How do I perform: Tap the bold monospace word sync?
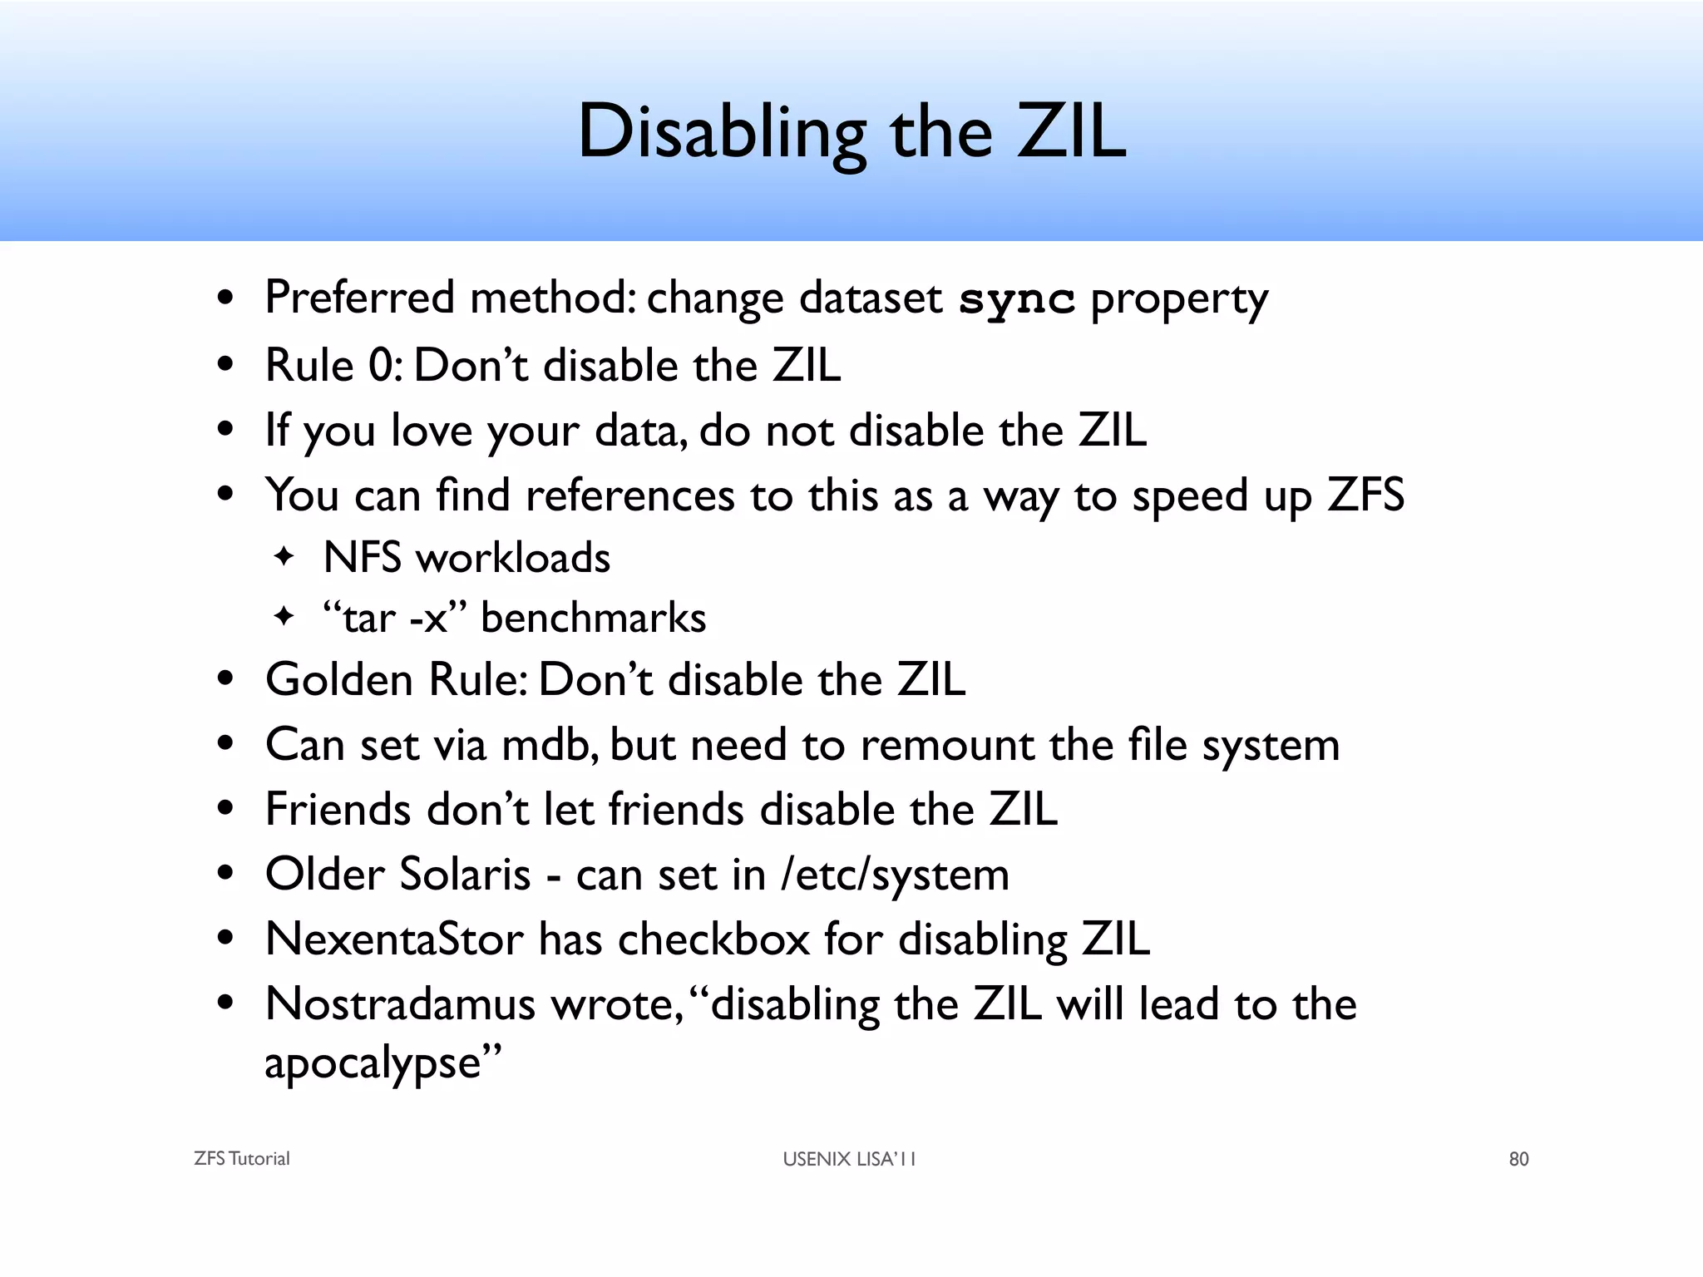1016,299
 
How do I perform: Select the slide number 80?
1518,1159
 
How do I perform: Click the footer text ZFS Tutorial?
241,1159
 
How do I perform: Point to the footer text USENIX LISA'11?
849,1159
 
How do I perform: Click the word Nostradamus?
400,1004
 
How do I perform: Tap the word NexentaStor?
394,939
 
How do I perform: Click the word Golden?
338,680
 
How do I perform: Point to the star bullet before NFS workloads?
284,556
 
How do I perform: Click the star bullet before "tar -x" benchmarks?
284,617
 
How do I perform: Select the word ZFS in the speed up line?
1365,496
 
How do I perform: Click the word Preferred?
359,298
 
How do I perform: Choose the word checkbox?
713,939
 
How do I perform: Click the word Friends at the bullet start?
338,810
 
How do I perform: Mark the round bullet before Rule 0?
225,366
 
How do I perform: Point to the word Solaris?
464,875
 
